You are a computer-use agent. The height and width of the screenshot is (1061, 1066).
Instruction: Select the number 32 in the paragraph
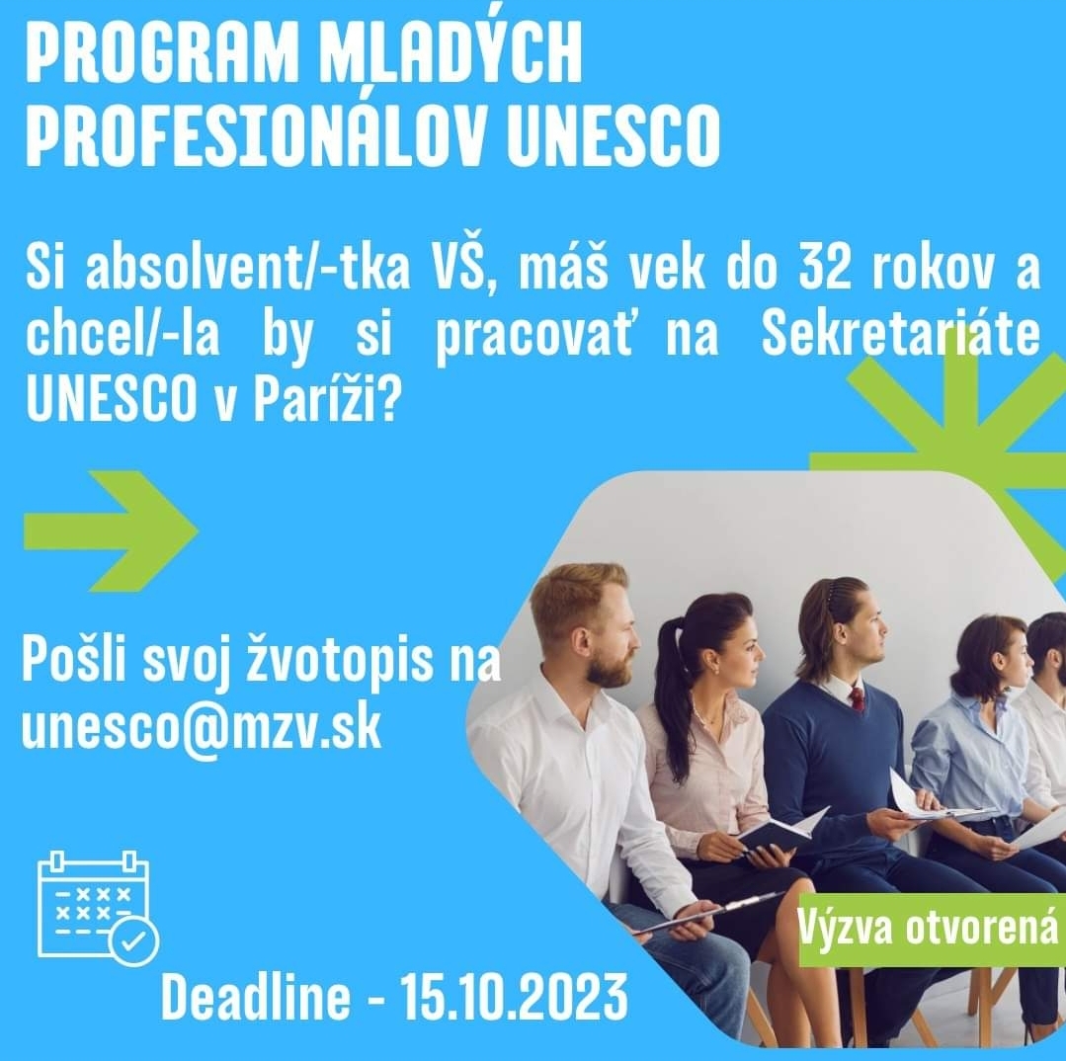(x=824, y=269)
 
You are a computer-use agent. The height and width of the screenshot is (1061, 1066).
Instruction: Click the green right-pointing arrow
(x=111, y=530)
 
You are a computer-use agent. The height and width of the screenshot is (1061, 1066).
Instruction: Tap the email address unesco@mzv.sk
(x=202, y=727)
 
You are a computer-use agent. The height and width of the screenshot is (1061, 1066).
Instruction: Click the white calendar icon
(x=98, y=907)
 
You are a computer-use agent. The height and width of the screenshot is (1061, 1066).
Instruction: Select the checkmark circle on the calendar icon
(x=134, y=940)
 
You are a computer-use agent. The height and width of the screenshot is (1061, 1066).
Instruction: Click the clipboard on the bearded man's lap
(x=707, y=911)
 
